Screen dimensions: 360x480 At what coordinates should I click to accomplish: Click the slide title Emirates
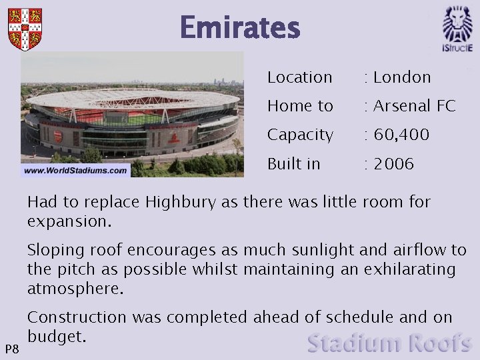pos(240,28)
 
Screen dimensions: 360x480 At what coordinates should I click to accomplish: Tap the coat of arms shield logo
pos(25,29)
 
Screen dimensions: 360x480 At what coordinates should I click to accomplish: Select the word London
pos(402,77)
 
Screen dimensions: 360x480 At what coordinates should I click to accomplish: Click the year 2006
pos(393,164)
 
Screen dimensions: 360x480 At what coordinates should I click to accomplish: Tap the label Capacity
pos(300,135)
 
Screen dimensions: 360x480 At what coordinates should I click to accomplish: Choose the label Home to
pos(300,106)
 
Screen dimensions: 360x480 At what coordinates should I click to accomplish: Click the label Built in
pos(294,164)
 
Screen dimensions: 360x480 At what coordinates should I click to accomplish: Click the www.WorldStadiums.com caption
pos(75,171)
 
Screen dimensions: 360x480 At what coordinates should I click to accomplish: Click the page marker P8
pos(11,349)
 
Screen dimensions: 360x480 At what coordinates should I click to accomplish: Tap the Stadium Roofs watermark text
pos(390,343)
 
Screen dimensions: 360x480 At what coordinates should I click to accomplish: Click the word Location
pos(300,77)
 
